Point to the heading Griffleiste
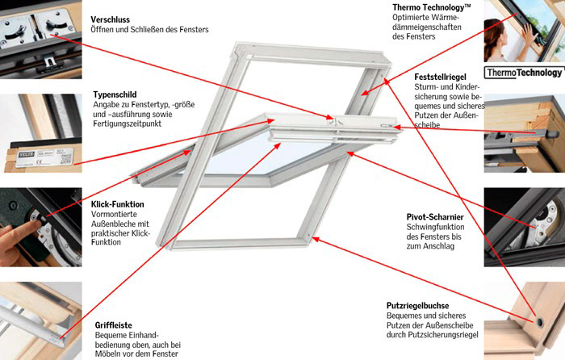[113, 301]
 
